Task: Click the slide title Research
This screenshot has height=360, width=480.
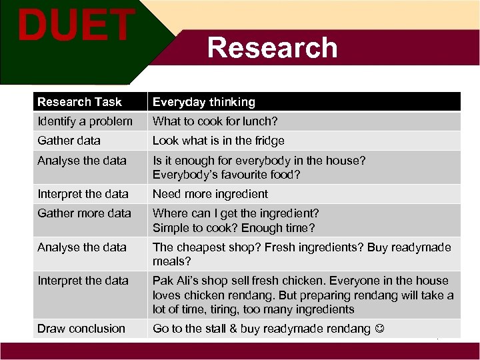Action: (x=272, y=48)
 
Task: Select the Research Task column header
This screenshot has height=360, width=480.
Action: (x=79, y=102)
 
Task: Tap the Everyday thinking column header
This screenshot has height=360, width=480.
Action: (x=204, y=102)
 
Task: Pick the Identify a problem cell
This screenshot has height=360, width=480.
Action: (x=85, y=121)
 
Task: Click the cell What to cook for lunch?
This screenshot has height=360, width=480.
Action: (x=215, y=121)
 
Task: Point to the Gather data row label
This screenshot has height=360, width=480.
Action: (x=69, y=141)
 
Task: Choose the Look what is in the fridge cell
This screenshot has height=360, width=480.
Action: (x=218, y=141)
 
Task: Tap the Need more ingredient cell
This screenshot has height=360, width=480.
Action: (x=210, y=194)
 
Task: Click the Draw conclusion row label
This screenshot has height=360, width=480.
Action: (x=81, y=328)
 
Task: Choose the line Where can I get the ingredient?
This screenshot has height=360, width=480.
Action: (x=236, y=213)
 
